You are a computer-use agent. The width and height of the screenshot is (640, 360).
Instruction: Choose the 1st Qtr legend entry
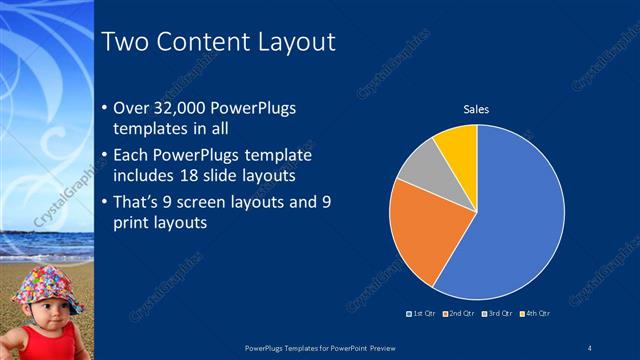[x=421, y=313]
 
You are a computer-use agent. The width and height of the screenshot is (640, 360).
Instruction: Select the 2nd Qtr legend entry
[x=459, y=313]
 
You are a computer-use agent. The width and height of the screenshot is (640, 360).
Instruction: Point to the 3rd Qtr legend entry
[x=498, y=313]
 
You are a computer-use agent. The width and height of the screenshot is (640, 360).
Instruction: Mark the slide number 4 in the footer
[x=591, y=347]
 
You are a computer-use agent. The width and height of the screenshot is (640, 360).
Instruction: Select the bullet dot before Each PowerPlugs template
[x=106, y=155]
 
